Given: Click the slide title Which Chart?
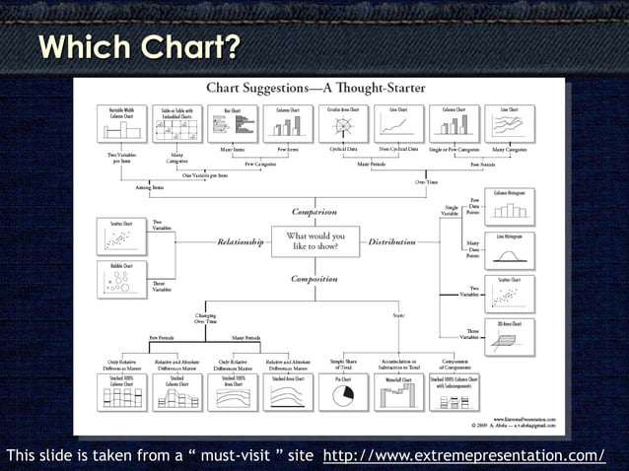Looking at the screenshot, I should pyautogui.click(x=138, y=46).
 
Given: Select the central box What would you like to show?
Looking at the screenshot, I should pyautogui.click(x=314, y=241).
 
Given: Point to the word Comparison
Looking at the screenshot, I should pyautogui.click(x=314, y=212).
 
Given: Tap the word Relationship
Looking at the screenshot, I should pyautogui.click(x=241, y=241).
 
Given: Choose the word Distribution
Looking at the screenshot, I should pyautogui.click(x=391, y=241).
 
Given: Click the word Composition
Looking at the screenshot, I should pyautogui.click(x=314, y=279).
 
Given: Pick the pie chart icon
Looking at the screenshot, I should pyautogui.click(x=343, y=395).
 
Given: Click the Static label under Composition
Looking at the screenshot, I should pyautogui.click(x=398, y=313).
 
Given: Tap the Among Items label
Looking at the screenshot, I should pyautogui.click(x=150, y=186).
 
